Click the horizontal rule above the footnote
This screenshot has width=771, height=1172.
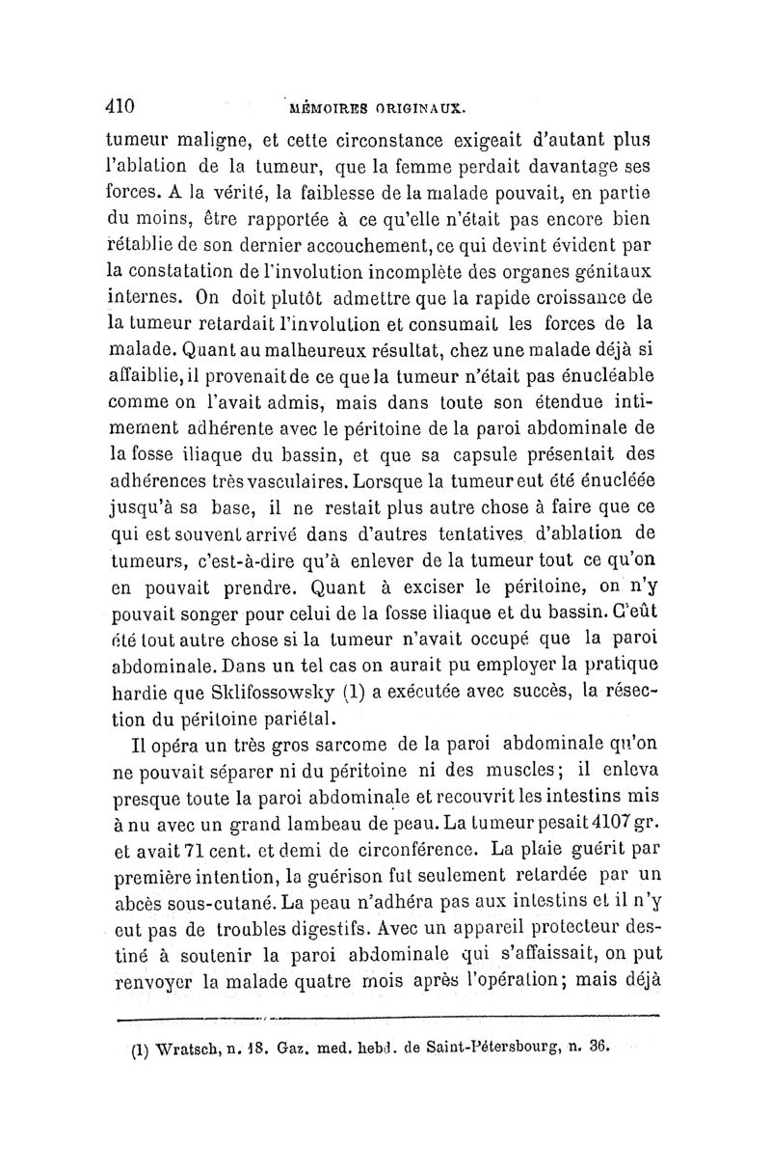(385, 1016)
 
